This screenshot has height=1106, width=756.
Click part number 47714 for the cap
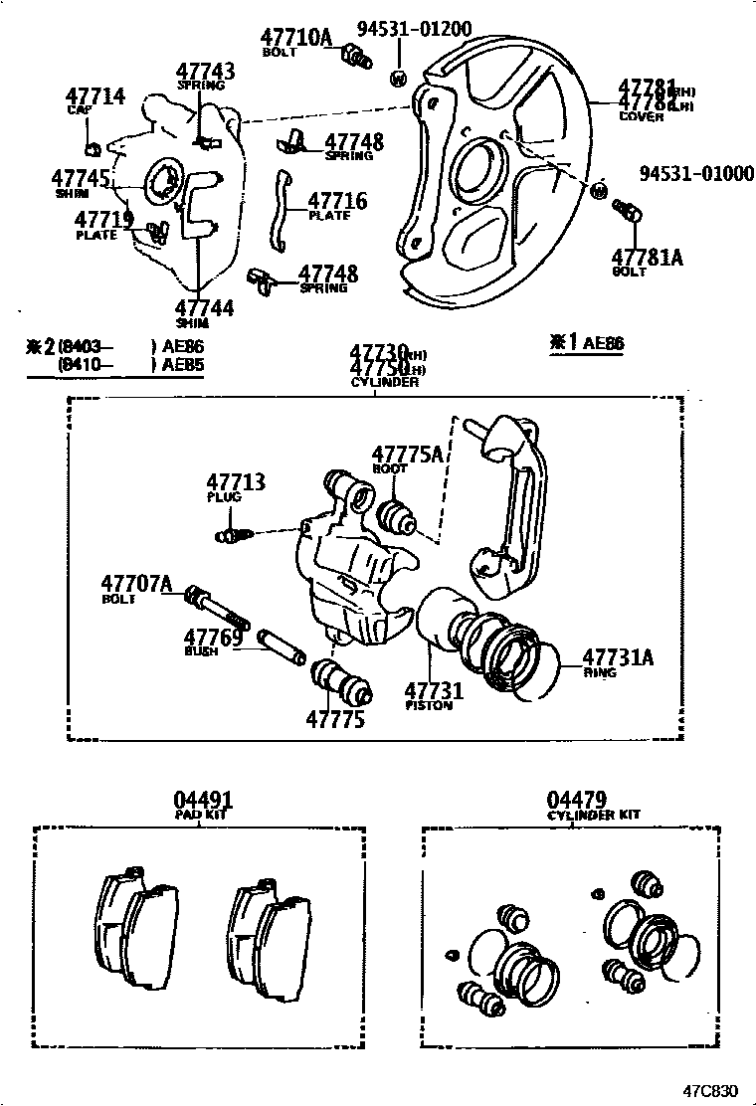click(95, 96)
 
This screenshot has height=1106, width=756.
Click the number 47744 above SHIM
click(205, 307)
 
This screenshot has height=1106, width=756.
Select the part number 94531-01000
click(696, 173)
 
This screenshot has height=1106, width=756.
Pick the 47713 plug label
click(236, 482)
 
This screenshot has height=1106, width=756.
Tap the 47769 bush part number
click(213, 637)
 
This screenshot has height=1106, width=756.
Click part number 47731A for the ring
click(618, 656)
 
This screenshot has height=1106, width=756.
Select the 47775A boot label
click(407, 455)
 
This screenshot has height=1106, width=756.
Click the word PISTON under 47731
click(429, 705)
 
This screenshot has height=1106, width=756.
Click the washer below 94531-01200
click(398, 78)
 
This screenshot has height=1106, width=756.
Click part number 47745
click(81, 177)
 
